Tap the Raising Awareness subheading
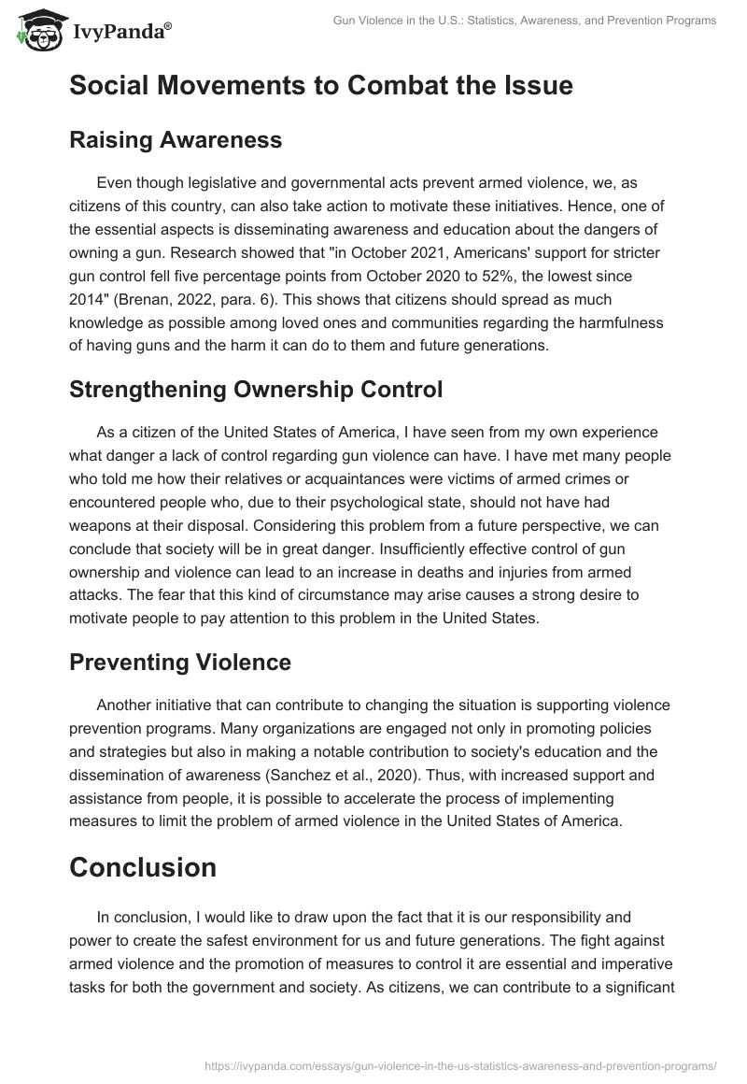click(176, 140)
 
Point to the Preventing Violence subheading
click(180, 662)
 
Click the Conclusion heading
click(143, 866)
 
